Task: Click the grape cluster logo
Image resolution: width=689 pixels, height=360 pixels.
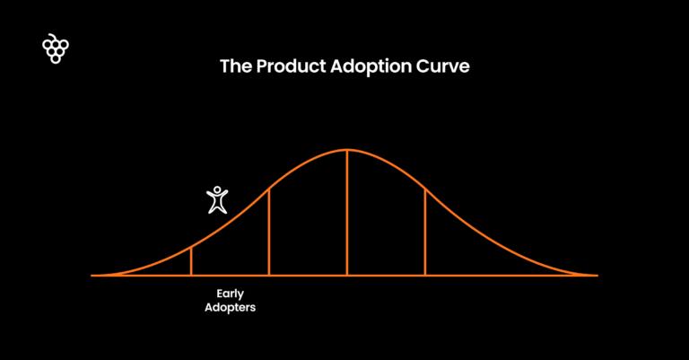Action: pyautogui.click(x=56, y=49)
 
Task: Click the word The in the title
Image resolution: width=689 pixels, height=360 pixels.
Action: pyautogui.click(x=235, y=67)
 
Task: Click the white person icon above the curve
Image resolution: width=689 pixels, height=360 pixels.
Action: pyautogui.click(x=217, y=199)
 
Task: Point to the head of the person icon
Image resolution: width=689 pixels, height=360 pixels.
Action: pyautogui.click(x=217, y=189)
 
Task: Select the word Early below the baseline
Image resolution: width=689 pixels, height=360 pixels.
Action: pyautogui.click(x=231, y=294)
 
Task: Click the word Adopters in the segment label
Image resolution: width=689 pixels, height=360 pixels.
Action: pyautogui.click(x=231, y=307)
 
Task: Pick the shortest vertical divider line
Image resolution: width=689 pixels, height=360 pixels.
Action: pyautogui.click(x=191, y=261)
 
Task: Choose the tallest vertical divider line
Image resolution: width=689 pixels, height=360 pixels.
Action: pyautogui.click(x=347, y=212)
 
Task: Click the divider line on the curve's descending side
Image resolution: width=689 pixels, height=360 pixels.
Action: pyautogui.click(x=425, y=232)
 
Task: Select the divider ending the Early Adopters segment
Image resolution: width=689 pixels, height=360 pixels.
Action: pyautogui.click(x=269, y=232)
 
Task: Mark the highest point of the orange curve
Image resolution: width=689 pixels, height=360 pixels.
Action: pyautogui.click(x=347, y=149)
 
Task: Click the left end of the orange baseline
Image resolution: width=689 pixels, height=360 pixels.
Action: pyautogui.click(x=93, y=275)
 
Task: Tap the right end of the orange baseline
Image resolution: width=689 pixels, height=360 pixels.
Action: pyautogui.click(x=597, y=275)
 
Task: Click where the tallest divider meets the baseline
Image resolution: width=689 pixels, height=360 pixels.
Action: pyautogui.click(x=347, y=275)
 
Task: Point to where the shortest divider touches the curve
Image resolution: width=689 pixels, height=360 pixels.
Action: pyautogui.click(x=191, y=247)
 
